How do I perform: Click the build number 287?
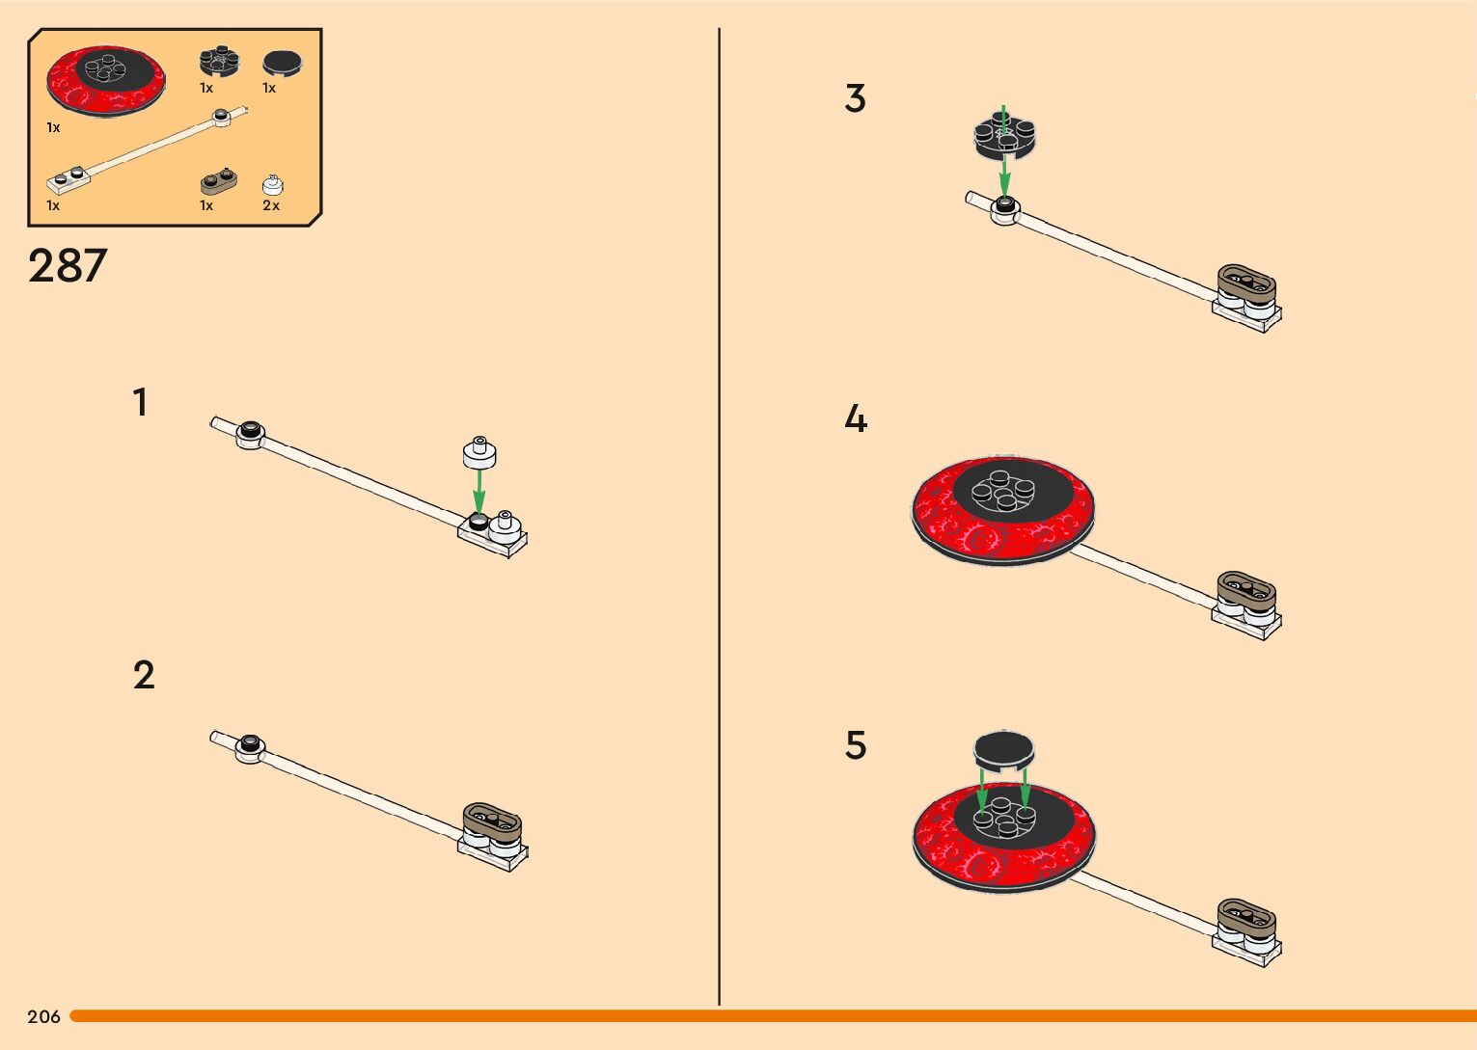[68, 266]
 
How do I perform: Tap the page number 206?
[43, 1016]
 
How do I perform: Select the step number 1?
[141, 402]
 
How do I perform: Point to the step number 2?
[143, 675]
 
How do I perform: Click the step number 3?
[855, 98]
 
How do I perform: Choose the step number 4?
[856, 419]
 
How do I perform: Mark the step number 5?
[856, 745]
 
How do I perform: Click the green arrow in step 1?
[479, 491]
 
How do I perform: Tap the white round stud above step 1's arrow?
[479, 451]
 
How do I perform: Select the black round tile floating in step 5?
[1003, 749]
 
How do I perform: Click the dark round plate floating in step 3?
[1004, 135]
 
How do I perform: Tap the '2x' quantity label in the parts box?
[271, 205]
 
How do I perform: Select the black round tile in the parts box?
[283, 64]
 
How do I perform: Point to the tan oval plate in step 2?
[492, 821]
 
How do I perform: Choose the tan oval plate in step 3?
[1246, 283]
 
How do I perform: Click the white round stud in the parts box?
[272, 184]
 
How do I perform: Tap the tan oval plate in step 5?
[1246, 916]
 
